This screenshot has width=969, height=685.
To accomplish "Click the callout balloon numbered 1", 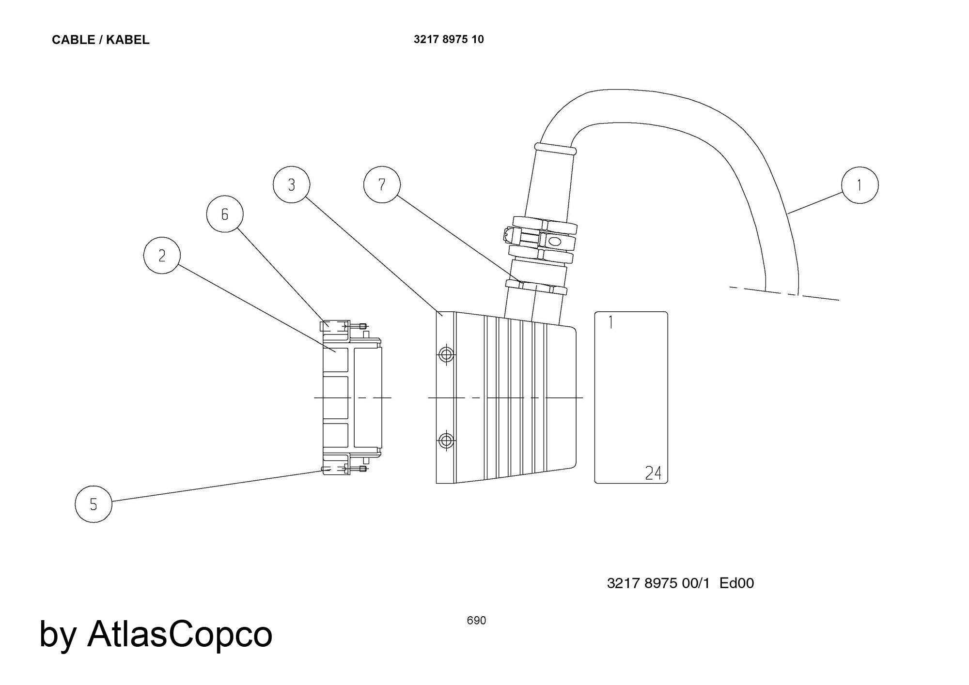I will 860,185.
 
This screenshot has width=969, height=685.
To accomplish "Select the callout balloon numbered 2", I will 162,255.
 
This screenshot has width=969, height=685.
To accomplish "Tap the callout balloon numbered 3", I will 291,184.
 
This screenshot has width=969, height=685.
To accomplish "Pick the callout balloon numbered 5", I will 94,504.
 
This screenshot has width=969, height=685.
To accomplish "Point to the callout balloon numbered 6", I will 224,214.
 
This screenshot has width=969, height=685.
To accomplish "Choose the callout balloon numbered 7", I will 382,184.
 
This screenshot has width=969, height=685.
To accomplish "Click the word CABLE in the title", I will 73,40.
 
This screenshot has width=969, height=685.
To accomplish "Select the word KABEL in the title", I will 127,40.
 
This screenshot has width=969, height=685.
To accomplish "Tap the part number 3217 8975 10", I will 449,39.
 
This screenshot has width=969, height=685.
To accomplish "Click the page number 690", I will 476,620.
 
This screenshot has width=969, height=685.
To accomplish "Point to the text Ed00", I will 736,583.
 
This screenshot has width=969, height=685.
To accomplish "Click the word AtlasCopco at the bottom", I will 180,634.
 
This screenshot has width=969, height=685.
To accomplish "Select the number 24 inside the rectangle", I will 653,472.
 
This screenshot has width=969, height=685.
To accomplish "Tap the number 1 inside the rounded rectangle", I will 610,322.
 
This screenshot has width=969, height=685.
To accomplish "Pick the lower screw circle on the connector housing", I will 446,441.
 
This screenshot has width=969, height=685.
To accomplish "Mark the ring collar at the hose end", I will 555,148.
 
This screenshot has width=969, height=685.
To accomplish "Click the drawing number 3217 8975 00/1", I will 658,583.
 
